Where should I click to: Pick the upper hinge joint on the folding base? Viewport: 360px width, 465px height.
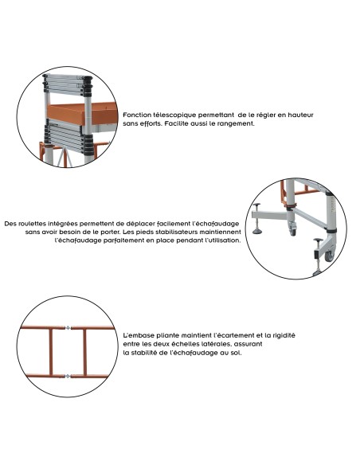(68, 326)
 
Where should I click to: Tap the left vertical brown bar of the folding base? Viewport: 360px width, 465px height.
(51, 351)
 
